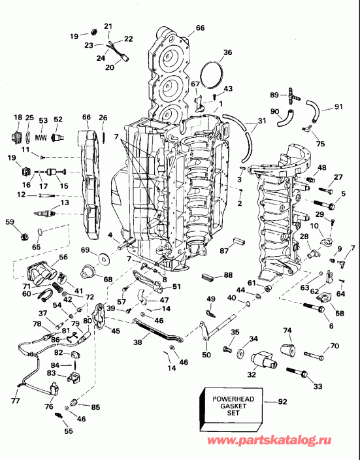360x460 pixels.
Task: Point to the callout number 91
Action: coord(338,107)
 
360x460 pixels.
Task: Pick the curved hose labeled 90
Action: coord(285,119)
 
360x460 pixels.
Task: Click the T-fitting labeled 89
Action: coord(293,97)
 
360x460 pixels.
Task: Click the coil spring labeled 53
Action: coord(42,138)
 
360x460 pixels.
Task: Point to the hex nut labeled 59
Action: coord(22,235)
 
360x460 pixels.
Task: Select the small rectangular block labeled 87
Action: coord(239,247)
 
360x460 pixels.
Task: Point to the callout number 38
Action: coord(138,341)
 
